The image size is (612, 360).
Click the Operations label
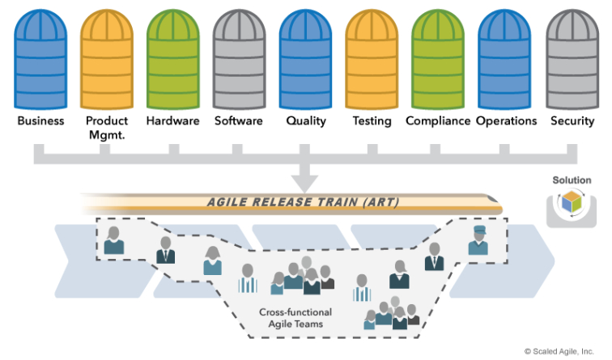click(x=506, y=121)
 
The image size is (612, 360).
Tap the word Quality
click(x=305, y=121)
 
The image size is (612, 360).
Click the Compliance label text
click(x=438, y=121)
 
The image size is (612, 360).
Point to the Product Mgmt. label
click(x=107, y=128)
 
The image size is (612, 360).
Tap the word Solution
click(x=572, y=180)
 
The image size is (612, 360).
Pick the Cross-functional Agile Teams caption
click(x=295, y=318)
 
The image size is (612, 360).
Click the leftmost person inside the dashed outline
click(x=114, y=240)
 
